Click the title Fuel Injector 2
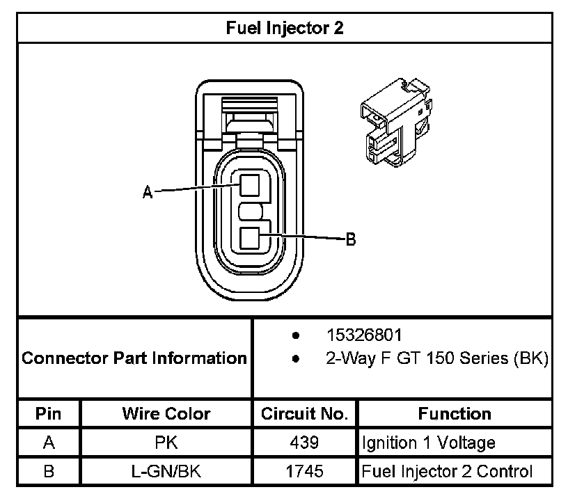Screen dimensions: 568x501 coord(285,28)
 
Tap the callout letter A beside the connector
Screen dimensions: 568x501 coord(148,192)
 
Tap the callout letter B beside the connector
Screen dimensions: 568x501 coord(351,239)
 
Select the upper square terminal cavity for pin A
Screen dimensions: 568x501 coord(250,185)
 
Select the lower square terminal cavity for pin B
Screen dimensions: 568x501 coord(250,238)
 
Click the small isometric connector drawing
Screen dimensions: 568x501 coord(396,122)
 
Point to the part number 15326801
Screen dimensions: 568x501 coord(364,335)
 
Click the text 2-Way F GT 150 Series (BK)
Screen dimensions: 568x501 coord(437,358)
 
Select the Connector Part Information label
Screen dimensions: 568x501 coord(134,358)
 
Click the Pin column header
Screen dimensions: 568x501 coord(48,413)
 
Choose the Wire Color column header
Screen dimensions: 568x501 coord(166,413)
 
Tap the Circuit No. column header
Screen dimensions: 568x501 coord(304,413)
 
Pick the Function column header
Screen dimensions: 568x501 coord(455,413)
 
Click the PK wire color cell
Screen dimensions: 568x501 coord(166,443)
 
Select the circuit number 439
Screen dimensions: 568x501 coord(304,443)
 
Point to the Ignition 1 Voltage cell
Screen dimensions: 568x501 coord(429,443)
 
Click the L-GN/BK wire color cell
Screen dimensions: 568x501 coord(166,471)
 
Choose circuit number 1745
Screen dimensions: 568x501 coord(304,471)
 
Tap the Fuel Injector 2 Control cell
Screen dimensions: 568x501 coord(447,472)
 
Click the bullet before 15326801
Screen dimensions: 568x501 coord(296,335)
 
